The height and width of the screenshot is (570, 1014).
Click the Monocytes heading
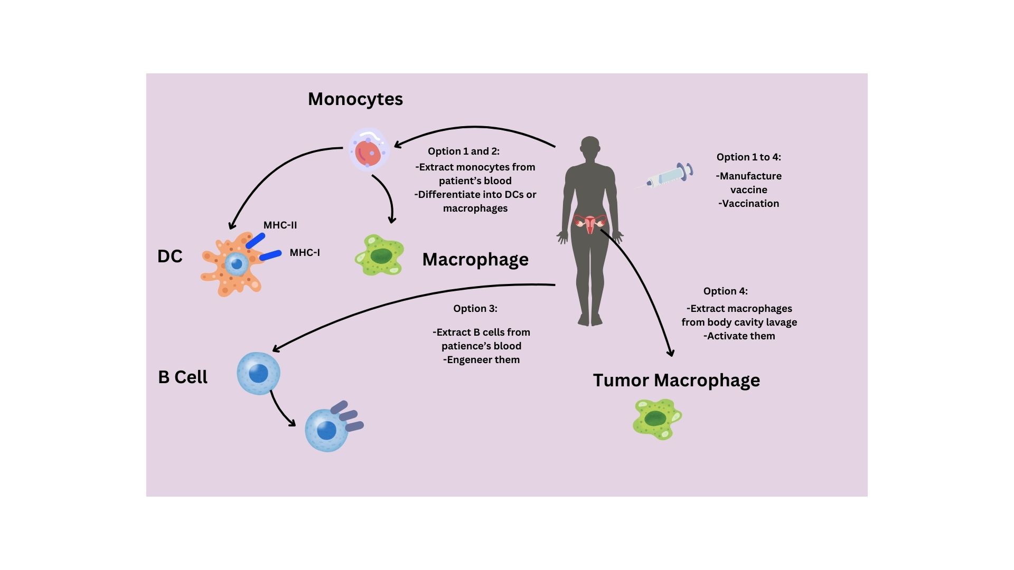(355, 99)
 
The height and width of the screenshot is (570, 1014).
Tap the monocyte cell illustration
(369, 149)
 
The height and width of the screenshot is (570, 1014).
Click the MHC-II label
(280, 225)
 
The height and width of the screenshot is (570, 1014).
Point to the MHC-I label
(305, 253)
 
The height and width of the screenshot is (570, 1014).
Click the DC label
(170, 256)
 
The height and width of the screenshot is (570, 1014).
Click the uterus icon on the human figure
(590, 223)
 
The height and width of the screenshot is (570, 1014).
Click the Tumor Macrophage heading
(676, 381)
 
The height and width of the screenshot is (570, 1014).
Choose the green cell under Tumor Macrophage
(657, 419)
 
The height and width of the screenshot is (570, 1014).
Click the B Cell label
(183, 377)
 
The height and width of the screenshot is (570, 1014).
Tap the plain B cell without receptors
(258, 374)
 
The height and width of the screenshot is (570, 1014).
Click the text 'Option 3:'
(475, 309)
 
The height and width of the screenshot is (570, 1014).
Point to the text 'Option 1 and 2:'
(464, 151)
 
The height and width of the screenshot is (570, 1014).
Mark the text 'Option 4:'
(726, 291)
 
